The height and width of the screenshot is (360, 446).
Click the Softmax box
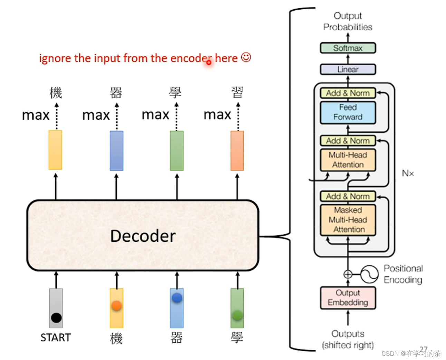(348, 48)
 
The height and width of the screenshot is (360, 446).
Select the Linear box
(348, 69)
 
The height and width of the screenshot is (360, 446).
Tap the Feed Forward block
(348, 112)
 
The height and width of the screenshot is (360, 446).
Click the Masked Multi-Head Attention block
(348, 220)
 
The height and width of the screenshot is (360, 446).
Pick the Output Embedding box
(348, 298)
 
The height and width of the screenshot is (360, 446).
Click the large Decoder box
(143, 236)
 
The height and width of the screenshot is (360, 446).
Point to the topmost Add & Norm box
(348, 93)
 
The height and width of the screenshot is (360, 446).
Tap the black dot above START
(56, 318)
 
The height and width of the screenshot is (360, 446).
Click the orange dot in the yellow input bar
(117, 306)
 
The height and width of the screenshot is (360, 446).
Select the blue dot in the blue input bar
(177, 298)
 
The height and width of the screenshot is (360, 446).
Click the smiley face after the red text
(246, 57)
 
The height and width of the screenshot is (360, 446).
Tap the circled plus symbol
(348, 274)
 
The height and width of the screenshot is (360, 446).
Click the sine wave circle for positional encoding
(369, 274)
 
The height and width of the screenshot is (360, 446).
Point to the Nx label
(408, 173)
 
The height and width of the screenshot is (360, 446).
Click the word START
(56, 338)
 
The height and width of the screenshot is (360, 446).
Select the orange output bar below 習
(237, 151)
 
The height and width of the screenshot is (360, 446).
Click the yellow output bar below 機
(55, 150)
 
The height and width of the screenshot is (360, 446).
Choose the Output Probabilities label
(348, 21)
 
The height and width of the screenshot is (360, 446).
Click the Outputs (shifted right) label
(348, 339)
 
